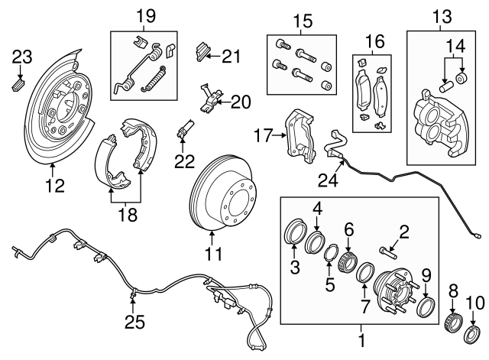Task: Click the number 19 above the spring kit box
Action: pyautogui.click(x=145, y=15)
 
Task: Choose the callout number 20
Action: pyautogui.click(x=240, y=101)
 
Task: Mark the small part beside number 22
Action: pyautogui.click(x=183, y=128)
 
